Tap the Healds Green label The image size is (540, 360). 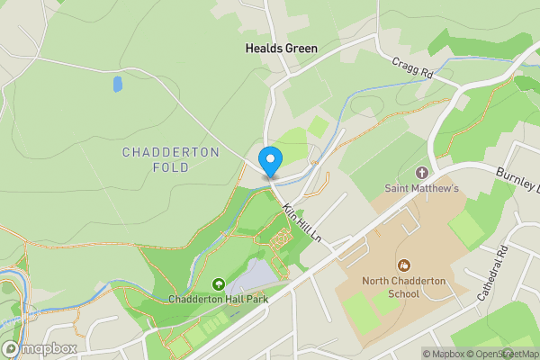[282, 47]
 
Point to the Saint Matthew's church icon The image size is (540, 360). [422, 172]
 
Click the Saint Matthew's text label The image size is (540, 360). [422, 188]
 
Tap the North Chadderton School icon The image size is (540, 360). [404, 265]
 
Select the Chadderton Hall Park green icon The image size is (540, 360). [220, 283]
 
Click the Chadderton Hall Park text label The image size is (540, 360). [220, 299]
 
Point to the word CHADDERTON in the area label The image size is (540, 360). [170, 152]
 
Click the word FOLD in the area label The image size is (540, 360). [170, 168]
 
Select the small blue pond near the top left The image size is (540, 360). [118, 85]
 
